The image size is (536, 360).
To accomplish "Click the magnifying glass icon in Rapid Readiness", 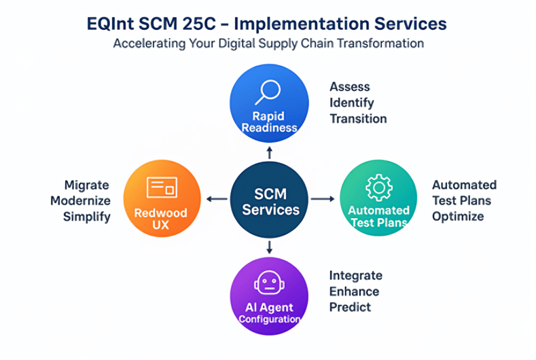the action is pyautogui.click(x=268, y=92).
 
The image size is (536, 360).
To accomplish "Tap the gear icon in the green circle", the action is pyautogui.click(x=379, y=188).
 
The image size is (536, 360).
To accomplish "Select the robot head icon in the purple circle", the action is pyautogui.click(x=269, y=283).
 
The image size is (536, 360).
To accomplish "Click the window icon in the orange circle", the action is pyautogui.click(x=162, y=187).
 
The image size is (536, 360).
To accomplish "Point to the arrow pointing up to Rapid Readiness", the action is pyautogui.click(x=269, y=152).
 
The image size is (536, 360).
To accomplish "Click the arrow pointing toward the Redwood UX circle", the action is pyautogui.click(x=217, y=199).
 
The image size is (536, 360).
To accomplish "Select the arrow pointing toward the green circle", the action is pyautogui.click(x=323, y=199).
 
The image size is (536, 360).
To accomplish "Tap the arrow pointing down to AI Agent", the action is pyautogui.click(x=269, y=247).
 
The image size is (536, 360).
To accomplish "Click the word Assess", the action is pyautogui.click(x=350, y=87).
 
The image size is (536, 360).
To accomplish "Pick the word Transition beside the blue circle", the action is pyautogui.click(x=359, y=118).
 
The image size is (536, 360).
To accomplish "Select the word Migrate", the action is pyautogui.click(x=87, y=185).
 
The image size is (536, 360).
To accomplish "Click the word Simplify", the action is pyautogui.click(x=87, y=216).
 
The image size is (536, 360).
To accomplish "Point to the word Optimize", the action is pyautogui.click(x=458, y=216).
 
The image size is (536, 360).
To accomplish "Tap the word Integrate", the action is pyautogui.click(x=356, y=276).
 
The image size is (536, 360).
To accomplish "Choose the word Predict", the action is pyautogui.click(x=350, y=307).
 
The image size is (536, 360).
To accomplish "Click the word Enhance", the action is pyautogui.click(x=354, y=291).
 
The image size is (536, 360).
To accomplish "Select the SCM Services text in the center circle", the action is pyautogui.click(x=271, y=202).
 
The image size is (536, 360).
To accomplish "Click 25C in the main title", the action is pyautogui.click(x=199, y=24).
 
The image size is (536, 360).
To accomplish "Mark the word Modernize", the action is pyautogui.click(x=80, y=201).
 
